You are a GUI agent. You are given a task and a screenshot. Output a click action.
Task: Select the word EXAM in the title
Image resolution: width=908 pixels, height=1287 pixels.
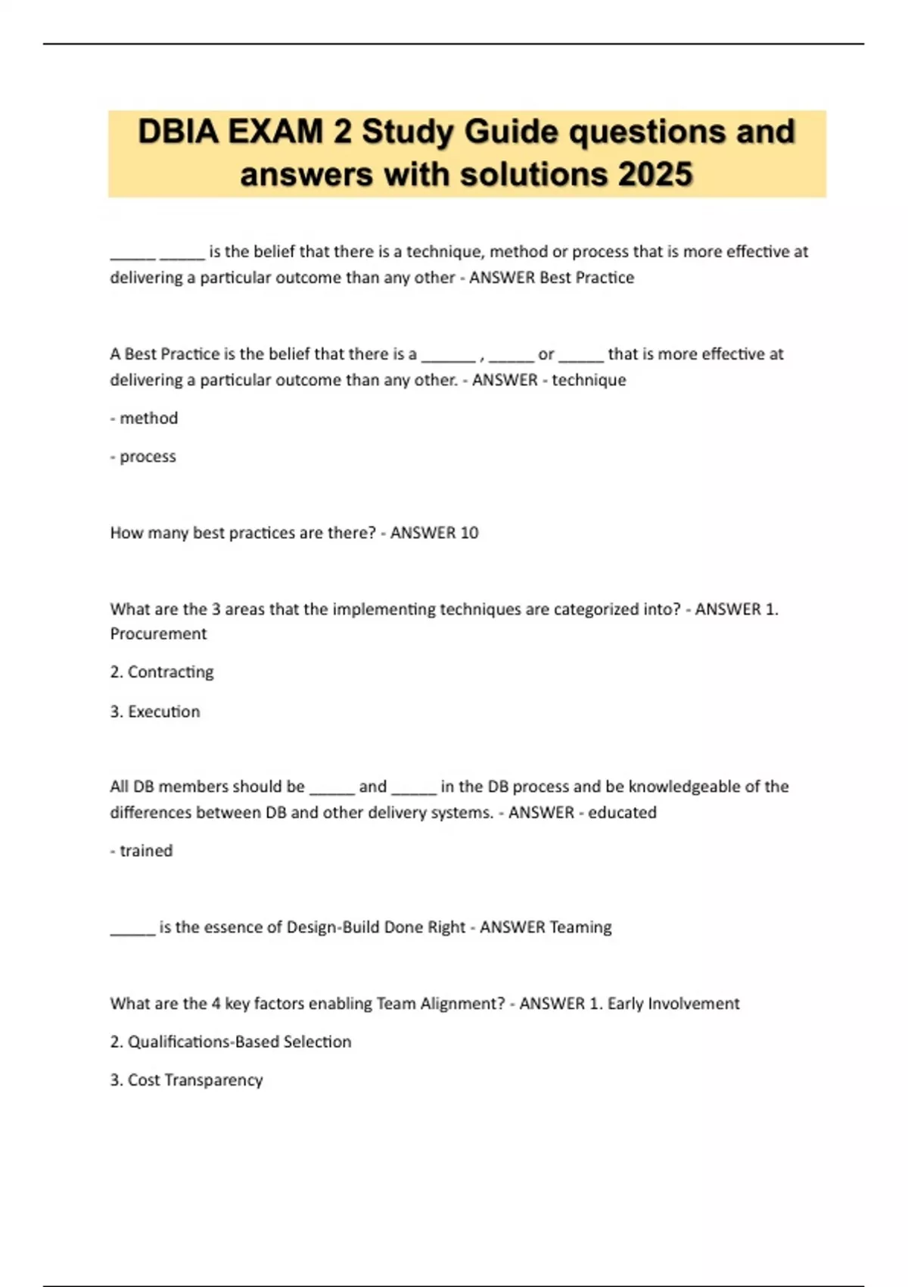pos(275,132)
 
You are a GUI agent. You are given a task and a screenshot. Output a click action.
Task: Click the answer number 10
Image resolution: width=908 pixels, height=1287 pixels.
pos(469,533)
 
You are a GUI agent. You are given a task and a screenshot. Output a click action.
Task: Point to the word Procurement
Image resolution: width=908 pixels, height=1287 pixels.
pos(158,634)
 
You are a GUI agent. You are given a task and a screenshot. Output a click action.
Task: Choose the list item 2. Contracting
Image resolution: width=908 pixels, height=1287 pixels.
pos(162,672)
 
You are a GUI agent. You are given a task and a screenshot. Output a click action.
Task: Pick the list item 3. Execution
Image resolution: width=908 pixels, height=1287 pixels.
pos(155,712)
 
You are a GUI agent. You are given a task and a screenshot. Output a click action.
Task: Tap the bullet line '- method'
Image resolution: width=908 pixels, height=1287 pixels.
pos(144,419)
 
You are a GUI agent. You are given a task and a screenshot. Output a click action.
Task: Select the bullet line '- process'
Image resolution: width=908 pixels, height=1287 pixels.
pos(143,457)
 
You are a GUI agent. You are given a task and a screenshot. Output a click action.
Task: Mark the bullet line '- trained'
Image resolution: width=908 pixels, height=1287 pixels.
pos(141,851)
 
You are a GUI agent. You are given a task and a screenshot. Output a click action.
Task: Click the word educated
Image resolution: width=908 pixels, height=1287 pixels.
pos(622,812)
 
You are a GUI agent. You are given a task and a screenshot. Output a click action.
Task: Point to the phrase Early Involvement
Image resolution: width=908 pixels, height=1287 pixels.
pos(673,1004)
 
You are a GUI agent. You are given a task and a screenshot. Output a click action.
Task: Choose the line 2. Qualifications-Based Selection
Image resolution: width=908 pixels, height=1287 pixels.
pos(231,1042)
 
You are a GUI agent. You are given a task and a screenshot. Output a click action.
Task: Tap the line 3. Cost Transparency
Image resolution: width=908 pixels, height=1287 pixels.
pos(186,1080)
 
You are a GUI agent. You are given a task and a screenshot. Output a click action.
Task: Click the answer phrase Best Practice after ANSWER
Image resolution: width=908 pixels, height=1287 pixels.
pos(587,278)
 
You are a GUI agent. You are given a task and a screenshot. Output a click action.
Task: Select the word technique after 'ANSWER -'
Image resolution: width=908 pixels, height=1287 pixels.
pos(589,380)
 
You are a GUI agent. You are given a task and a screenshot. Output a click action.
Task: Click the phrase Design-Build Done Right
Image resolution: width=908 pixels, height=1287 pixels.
pos(376,927)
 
